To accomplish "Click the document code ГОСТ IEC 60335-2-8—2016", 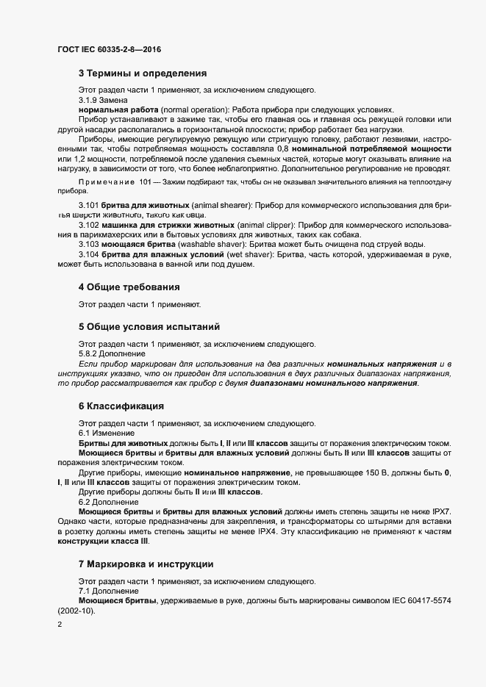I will [x=109, y=49].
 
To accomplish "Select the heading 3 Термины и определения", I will [x=142, y=73].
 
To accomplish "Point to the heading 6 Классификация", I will [x=121, y=406].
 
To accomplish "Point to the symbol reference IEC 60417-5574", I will [x=426, y=600].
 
